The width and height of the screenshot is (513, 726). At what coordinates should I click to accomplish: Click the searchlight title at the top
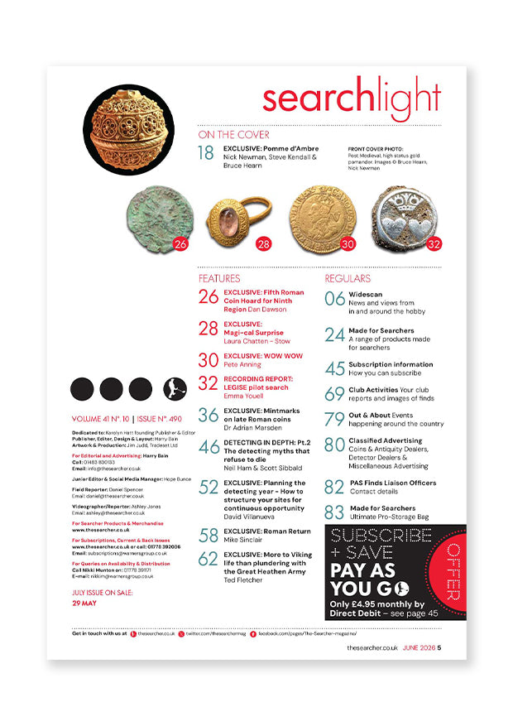[351, 99]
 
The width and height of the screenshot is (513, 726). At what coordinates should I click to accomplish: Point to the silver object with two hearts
[404, 217]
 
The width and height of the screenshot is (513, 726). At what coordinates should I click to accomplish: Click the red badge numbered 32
[433, 244]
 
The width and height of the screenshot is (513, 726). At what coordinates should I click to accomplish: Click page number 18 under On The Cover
[207, 152]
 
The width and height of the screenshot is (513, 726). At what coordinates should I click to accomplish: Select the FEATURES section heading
[218, 278]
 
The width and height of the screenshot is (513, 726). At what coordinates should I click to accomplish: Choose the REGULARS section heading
[348, 278]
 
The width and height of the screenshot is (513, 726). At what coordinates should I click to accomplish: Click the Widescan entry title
[367, 295]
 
